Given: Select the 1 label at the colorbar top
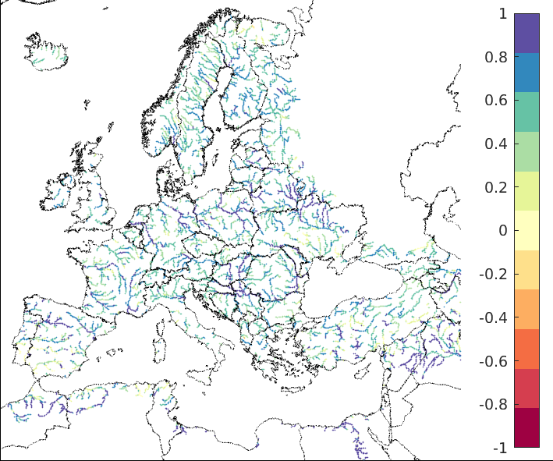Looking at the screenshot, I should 502,14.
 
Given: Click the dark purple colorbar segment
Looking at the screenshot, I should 526,33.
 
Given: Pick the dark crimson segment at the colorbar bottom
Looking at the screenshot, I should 526,427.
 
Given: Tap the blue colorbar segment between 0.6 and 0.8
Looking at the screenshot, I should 526,73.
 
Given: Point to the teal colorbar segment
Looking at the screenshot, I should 526,112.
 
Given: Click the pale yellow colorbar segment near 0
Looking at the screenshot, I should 526,230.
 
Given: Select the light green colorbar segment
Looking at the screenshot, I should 526,151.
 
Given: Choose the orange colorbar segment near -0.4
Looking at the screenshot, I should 526,309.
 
